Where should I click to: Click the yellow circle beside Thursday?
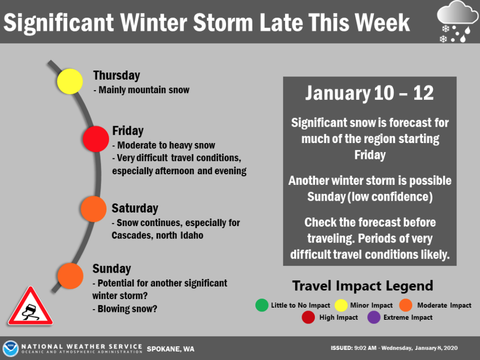pos(70,82)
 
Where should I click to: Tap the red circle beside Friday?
pos(96,139)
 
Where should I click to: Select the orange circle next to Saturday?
pos(94,209)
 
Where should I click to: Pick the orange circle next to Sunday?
pos(71,276)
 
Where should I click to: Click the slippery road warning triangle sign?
pos(30,307)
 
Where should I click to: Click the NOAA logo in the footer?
pos(11,348)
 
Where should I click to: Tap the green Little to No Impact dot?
pos(262,305)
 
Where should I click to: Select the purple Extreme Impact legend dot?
pos(374,317)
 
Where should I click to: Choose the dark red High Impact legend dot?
pos(308,317)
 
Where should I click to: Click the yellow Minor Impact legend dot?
pos(341,305)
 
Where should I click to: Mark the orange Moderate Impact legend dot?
pos(406,305)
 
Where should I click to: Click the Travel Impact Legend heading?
pos(363,286)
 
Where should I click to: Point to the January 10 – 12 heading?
pos(370,93)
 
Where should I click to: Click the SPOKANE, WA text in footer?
pos(170,349)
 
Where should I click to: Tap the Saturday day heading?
pos(135,208)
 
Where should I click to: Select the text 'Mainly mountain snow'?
pos(144,90)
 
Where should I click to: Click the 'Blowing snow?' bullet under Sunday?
pos(125,309)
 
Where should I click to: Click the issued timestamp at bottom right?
pos(394,348)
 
